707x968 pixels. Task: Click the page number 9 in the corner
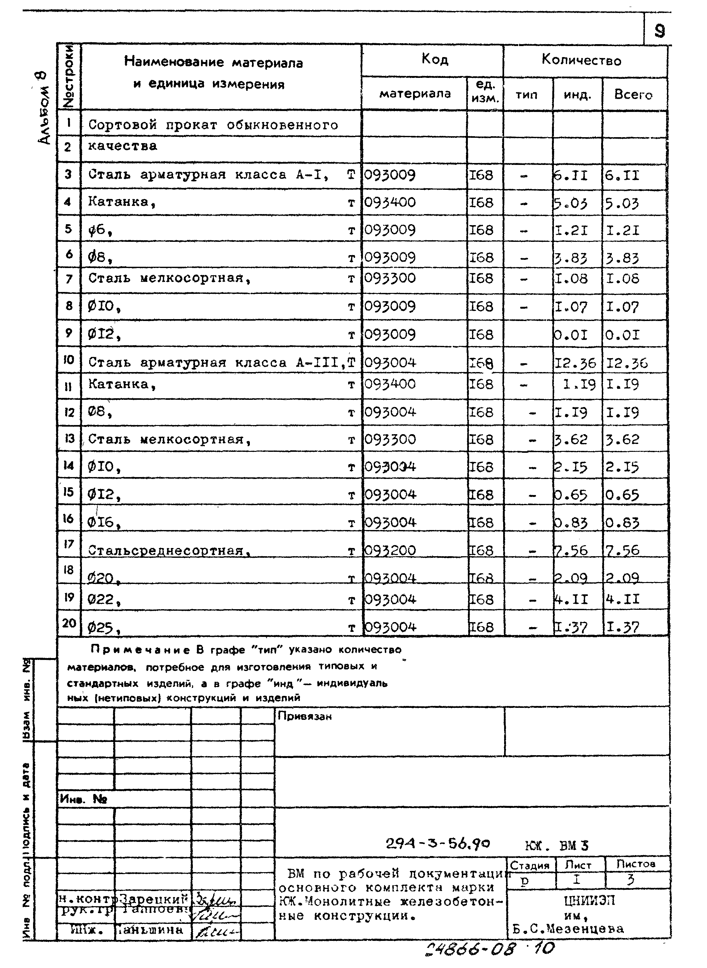click(659, 31)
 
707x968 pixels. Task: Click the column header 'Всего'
click(633, 95)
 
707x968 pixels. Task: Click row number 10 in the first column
click(68, 359)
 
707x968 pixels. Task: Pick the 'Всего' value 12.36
click(627, 364)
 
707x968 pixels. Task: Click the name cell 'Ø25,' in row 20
click(103, 628)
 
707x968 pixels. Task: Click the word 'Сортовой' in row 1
click(122, 125)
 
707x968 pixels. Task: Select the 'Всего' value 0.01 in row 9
click(623, 335)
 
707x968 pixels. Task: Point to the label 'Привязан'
click(304, 716)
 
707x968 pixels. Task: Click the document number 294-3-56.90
click(437, 844)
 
